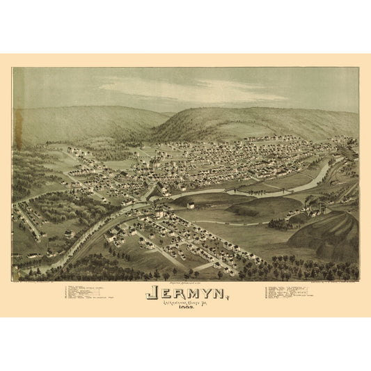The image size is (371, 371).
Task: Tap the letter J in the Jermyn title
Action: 151,292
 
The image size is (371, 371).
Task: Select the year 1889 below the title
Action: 186,309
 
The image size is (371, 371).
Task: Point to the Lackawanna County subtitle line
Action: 186,303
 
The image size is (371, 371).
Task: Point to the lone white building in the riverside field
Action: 190,204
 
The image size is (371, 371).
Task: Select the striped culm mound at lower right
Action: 327,233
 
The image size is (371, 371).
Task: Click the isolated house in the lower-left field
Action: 70,234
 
